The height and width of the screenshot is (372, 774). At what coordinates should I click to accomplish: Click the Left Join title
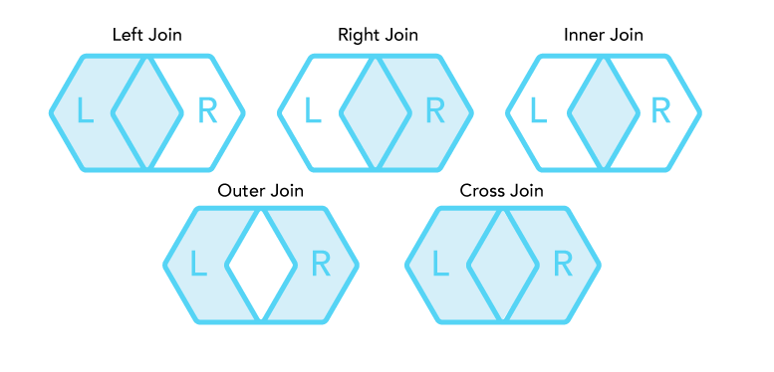pos(147,36)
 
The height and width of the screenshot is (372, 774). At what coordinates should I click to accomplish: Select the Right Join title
pos(378,36)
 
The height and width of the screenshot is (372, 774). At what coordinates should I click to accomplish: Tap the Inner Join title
pos(604,36)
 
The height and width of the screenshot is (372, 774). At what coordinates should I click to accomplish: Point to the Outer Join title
pos(261,191)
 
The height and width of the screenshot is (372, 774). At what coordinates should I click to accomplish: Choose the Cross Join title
pos(501,191)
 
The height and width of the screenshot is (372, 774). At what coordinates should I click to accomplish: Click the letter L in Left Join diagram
pos(86,110)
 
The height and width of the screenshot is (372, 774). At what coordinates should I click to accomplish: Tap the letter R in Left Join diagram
pos(207,110)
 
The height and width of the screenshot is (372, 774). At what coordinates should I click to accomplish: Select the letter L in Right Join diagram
pos(313,110)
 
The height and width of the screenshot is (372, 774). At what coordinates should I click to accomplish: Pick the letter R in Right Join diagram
pos(435,110)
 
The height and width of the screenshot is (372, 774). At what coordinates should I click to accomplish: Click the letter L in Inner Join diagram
pos(539,110)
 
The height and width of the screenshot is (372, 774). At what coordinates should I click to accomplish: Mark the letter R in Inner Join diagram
pos(661,110)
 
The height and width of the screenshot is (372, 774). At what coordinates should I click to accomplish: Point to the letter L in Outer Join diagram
pos(198,264)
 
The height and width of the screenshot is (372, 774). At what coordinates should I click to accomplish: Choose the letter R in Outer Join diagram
pos(321,264)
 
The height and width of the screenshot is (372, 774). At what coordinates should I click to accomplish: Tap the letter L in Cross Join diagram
pos(441,264)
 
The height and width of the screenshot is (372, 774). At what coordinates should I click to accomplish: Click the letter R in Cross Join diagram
pos(563,264)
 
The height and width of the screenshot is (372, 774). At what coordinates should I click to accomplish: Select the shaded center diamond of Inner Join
pos(604,113)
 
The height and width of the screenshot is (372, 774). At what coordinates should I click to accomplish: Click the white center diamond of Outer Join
pos(261,266)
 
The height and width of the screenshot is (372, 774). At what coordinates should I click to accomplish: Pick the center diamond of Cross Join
pos(502,266)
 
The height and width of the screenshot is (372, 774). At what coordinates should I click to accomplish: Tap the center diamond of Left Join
pos(147,113)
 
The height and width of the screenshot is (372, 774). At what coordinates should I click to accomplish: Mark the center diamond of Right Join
pos(376,113)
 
